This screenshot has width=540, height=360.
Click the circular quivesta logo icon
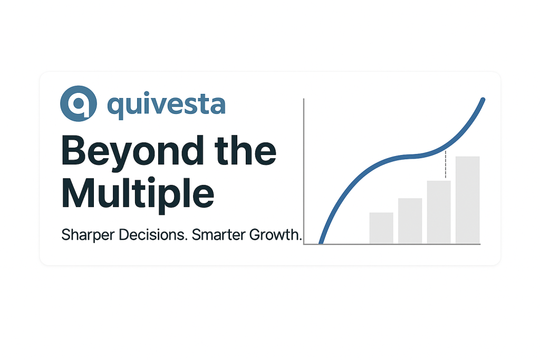[79, 103]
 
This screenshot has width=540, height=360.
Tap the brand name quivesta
[167, 105]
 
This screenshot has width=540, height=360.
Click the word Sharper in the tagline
[88, 236]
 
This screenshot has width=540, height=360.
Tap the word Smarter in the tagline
[218, 235]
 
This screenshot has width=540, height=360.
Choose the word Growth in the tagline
[275, 235]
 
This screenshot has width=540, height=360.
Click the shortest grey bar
[381, 228]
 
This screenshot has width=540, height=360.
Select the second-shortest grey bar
[410, 221]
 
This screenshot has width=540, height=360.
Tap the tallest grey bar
[467, 200]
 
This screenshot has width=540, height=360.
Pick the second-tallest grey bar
[439, 212]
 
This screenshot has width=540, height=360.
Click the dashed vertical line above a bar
[446, 164]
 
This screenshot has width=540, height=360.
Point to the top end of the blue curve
[483, 100]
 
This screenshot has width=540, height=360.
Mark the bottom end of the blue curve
[321, 242]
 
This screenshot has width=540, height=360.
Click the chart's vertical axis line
[304, 171]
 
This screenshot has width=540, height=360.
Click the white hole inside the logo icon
[79, 103]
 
